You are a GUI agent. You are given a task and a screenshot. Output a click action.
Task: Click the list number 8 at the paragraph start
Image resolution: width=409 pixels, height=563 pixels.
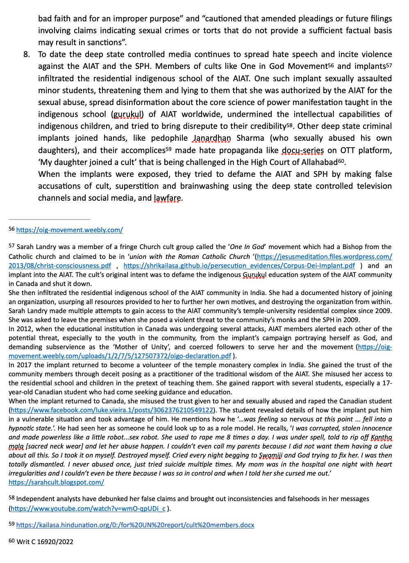point(26,55)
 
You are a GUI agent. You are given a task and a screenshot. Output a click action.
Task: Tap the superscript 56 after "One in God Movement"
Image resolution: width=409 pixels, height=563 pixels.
point(331,66)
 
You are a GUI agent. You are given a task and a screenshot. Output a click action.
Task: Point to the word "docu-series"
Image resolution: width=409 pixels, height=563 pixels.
point(302,150)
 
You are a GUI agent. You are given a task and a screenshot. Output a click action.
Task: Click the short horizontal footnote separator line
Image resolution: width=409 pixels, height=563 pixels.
point(50,219)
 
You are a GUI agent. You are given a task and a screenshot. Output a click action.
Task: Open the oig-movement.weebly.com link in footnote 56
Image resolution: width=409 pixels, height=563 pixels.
point(69,230)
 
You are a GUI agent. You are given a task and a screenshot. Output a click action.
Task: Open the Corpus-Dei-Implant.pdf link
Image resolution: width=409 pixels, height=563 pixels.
point(239,265)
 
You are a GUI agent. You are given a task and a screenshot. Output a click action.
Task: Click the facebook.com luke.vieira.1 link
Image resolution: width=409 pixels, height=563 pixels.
point(112,410)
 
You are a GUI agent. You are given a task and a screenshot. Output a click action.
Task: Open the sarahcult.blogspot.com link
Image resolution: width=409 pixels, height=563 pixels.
point(56,482)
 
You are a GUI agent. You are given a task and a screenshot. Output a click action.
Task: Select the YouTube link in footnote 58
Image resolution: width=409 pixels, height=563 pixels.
point(88,508)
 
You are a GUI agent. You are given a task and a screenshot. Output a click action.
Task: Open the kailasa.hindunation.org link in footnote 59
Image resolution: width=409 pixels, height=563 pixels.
point(135,525)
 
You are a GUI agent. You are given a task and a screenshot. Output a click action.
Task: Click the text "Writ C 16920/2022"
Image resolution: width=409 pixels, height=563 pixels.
point(45,542)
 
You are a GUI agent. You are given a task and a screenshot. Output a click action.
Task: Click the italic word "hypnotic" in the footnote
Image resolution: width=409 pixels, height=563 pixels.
point(20,428)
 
